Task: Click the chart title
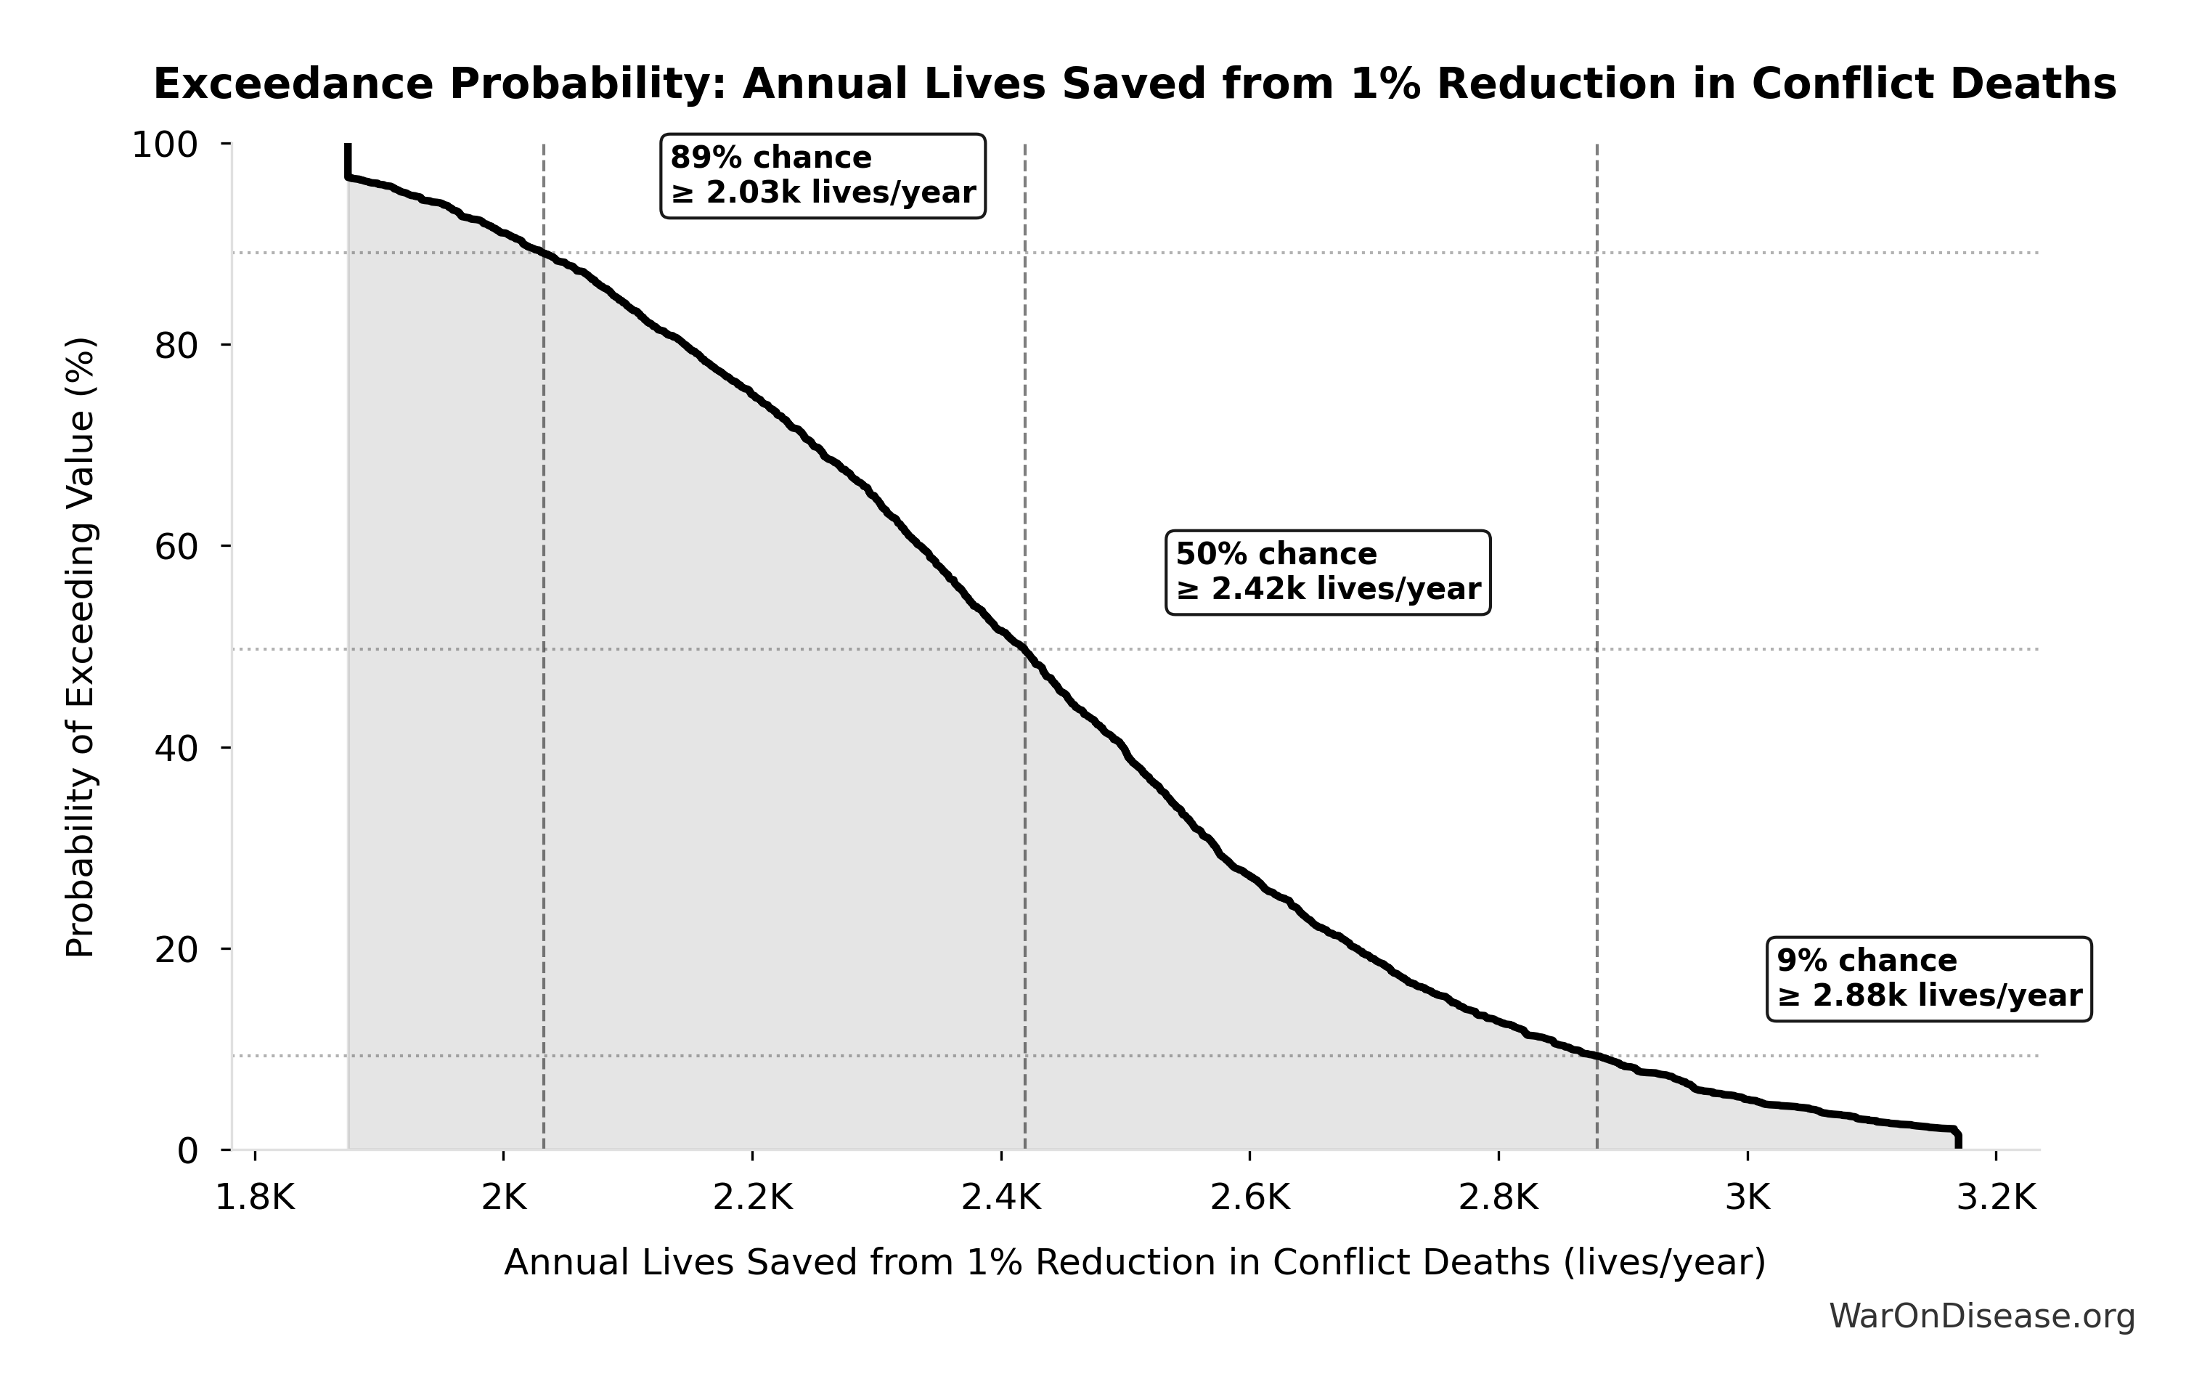(1134, 84)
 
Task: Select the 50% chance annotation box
(1327, 571)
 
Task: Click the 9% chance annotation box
(1928, 978)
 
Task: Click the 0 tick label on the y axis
(187, 1150)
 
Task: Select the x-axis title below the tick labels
(1134, 1262)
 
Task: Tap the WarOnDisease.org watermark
(1981, 1316)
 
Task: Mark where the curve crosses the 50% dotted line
(1023, 649)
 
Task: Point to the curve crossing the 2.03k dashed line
(544, 253)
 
